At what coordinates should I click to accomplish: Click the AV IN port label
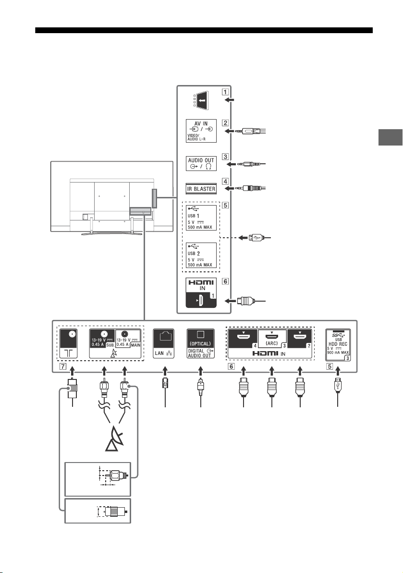(201, 131)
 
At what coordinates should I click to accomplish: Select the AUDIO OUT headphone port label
(201, 163)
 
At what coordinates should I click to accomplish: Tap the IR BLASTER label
(201, 189)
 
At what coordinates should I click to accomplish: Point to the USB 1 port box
(201, 218)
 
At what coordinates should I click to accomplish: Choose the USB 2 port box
(201, 256)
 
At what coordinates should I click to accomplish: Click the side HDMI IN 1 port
(201, 293)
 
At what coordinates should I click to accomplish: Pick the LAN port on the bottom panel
(164, 343)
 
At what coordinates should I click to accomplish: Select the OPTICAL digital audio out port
(201, 343)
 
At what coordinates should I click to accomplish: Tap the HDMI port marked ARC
(272, 339)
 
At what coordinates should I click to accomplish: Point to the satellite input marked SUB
(102, 339)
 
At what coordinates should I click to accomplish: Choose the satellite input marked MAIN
(128, 339)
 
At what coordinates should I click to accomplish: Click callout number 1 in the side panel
(226, 92)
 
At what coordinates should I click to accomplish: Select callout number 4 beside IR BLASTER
(225, 182)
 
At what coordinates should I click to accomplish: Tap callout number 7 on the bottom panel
(63, 366)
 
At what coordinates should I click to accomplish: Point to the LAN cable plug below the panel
(165, 386)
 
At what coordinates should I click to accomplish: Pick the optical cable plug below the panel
(201, 387)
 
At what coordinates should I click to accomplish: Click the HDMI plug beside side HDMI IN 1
(245, 301)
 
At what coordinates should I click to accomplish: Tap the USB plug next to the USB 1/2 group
(255, 238)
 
